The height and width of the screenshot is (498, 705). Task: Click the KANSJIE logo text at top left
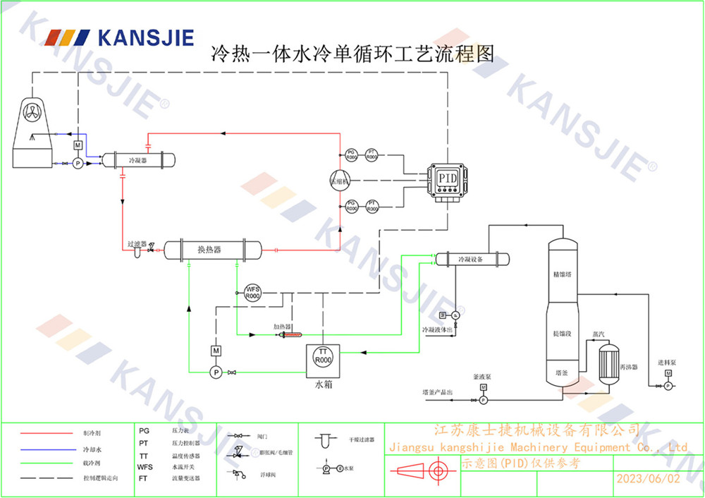tap(145, 37)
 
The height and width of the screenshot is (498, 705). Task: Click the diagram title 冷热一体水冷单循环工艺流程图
tap(352, 54)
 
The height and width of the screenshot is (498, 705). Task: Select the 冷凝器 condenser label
tap(137, 160)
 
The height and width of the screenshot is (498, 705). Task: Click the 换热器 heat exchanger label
tap(209, 250)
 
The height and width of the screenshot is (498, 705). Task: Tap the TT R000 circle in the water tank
tap(322, 356)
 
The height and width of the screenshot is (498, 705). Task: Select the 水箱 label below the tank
tap(322, 385)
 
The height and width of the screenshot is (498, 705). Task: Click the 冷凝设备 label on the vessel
tap(470, 260)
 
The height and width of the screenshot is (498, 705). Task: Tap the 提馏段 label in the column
tap(563, 332)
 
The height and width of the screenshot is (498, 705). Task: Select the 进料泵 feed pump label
tap(666, 363)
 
